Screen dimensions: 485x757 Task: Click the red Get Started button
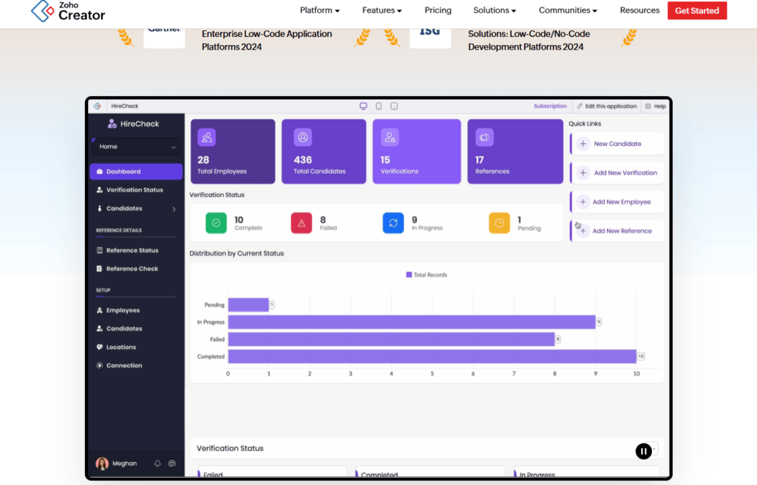(697, 10)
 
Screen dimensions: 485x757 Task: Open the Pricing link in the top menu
(438, 10)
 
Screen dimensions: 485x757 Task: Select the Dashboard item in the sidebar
(136, 171)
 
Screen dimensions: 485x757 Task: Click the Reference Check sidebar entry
(132, 269)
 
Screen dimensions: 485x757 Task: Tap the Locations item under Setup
(120, 347)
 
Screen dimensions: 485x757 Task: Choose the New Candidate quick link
(617, 144)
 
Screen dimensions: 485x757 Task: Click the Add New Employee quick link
(621, 202)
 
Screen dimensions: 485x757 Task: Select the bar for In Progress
(411, 322)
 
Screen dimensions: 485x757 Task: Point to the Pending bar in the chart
(248, 305)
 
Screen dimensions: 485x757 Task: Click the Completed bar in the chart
(432, 357)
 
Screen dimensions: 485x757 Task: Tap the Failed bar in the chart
(391, 339)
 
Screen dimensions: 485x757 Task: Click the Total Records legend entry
(427, 275)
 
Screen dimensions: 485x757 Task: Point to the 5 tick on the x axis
(432, 374)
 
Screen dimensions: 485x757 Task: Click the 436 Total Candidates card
(324, 151)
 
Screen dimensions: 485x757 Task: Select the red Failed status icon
(302, 222)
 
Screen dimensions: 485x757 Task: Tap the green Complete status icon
(216, 222)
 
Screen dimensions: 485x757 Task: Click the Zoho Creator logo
(69, 10)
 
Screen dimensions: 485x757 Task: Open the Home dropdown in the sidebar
(136, 147)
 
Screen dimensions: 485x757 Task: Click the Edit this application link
(606, 106)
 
